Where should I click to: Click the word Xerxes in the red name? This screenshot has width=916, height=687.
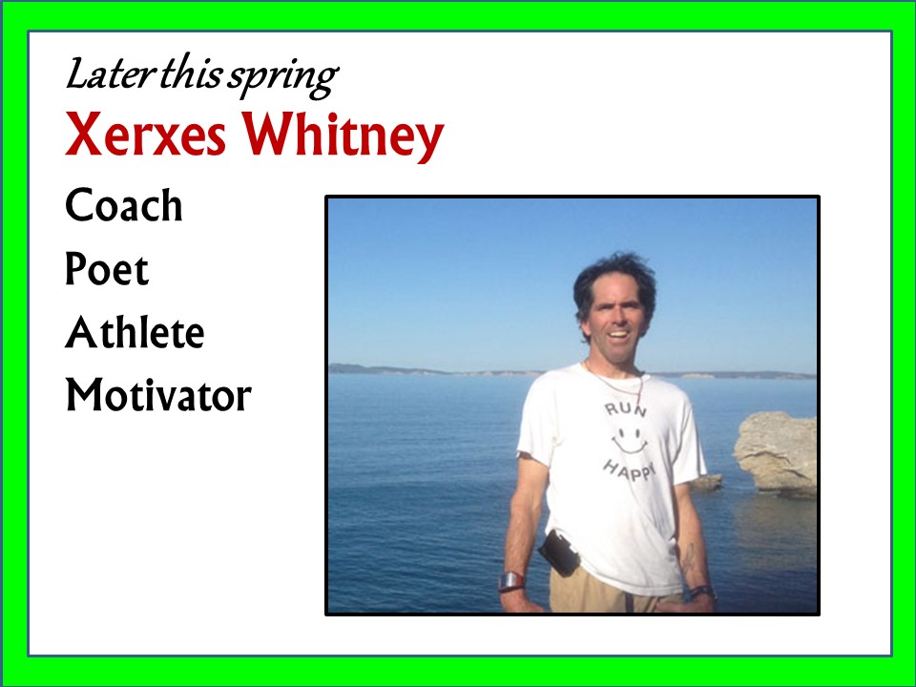coord(145,134)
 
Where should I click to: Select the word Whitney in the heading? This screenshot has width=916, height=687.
coord(343,136)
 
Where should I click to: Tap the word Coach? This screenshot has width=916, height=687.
coord(124,205)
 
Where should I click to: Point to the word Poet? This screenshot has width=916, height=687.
coord(107,269)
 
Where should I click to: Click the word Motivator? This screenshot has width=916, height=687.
coord(158,395)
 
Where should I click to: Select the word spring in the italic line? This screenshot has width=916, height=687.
coord(283,77)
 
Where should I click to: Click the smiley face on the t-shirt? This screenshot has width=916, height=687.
coord(629,441)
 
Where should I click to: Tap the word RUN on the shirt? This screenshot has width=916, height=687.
coord(626,409)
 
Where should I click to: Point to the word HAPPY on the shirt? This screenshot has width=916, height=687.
coord(629,470)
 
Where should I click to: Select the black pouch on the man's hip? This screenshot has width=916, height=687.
coord(559,552)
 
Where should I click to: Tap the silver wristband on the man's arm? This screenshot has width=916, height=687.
coord(511,581)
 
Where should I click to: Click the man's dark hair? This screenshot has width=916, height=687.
coord(614,281)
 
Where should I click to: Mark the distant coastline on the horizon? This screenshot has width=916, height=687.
coord(572,371)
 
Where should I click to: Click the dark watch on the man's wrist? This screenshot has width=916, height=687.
coord(701,593)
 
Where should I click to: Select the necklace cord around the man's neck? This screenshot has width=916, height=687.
coord(616,384)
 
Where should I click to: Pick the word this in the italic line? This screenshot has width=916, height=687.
coord(191,74)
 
